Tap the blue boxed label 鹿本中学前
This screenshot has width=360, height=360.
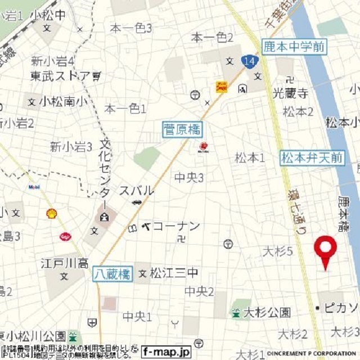click(x=294, y=47)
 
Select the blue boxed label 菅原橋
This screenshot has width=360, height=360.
click(x=182, y=130)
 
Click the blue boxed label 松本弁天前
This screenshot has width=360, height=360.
click(x=312, y=158)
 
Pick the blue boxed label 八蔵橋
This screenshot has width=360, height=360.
click(x=112, y=274)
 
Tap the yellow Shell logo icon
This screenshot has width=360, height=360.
click(x=52, y=213)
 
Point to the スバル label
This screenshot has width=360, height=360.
click(x=136, y=191)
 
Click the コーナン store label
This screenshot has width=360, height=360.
click(x=176, y=227)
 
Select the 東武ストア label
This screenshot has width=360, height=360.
click(x=61, y=75)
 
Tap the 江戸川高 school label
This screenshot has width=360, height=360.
click(x=65, y=263)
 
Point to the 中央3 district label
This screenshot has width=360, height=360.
click(x=189, y=178)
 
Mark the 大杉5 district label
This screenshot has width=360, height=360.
click(x=278, y=251)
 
